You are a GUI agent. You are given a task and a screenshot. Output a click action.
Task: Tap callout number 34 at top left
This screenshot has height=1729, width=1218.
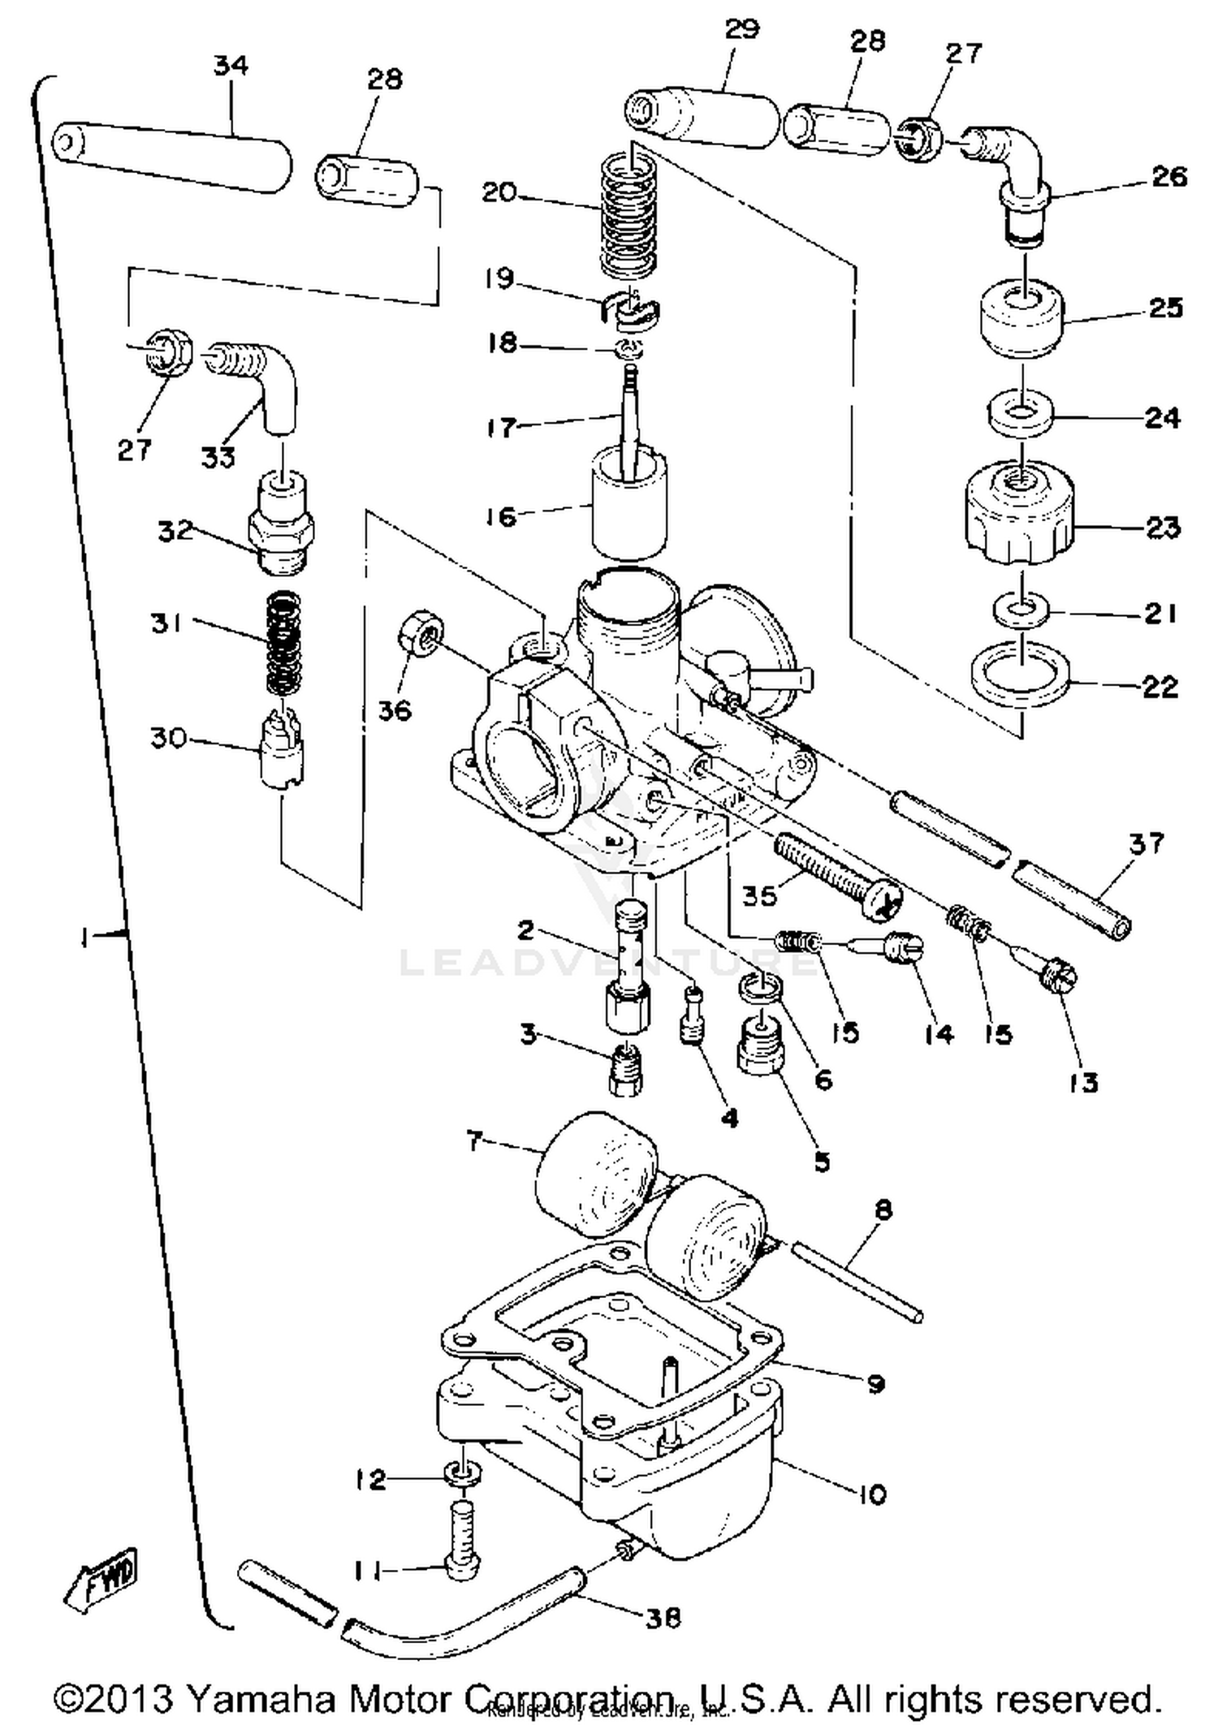click(x=231, y=66)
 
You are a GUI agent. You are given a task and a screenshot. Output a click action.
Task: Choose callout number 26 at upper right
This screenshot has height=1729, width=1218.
click(x=1168, y=177)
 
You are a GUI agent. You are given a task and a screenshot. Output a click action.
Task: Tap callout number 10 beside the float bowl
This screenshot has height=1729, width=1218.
click(x=871, y=1494)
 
